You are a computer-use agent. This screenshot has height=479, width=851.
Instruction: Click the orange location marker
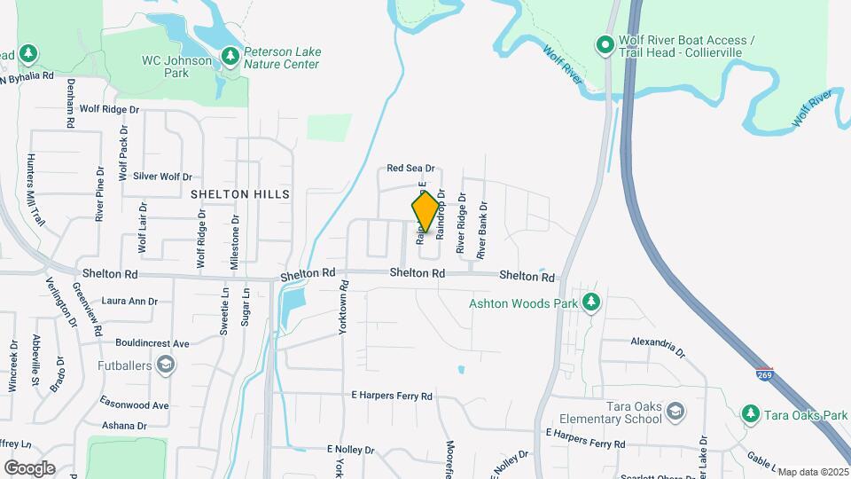(x=425, y=212)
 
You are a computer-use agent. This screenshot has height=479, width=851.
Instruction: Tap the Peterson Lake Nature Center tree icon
(x=230, y=57)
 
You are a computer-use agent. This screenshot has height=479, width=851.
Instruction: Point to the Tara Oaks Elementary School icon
(x=675, y=412)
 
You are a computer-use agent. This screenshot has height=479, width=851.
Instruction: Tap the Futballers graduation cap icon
(x=165, y=364)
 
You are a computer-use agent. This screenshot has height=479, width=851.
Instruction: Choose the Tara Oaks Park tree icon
(x=750, y=414)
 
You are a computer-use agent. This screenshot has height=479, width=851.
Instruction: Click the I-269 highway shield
(x=765, y=374)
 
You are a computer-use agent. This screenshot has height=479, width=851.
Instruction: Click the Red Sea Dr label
(x=411, y=168)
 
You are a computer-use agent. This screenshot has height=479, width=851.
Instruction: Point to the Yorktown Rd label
(x=345, y=307)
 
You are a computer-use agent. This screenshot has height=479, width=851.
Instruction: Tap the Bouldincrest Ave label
(x=152, y=342)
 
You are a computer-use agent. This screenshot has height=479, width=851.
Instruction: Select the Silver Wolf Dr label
(x=162, y=177)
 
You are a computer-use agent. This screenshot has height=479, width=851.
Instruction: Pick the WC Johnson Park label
(x=177, y=67)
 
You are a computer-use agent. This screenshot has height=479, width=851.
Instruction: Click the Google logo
(x=29, y=467)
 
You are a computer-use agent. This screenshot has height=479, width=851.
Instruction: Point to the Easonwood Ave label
(x=134, y=404)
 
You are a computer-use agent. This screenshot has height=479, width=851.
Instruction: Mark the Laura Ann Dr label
(x=129, y=302)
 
